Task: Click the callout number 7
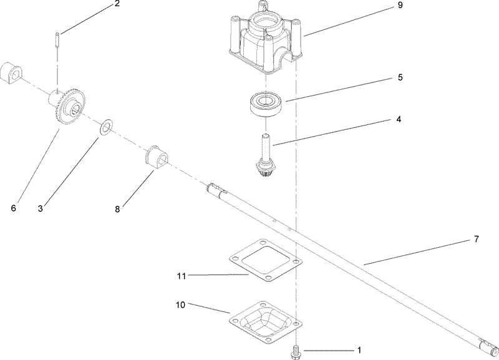[x=475, y=240]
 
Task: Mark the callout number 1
[x=358, y=351]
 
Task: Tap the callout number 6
[x=13, y=208]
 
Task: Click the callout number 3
[x=41, y=208]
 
